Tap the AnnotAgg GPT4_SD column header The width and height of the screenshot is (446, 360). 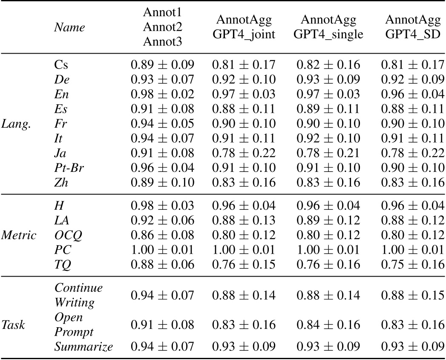point(412,27)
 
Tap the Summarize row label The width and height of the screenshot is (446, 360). point(83,346)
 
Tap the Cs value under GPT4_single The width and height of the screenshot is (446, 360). point(328,65)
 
